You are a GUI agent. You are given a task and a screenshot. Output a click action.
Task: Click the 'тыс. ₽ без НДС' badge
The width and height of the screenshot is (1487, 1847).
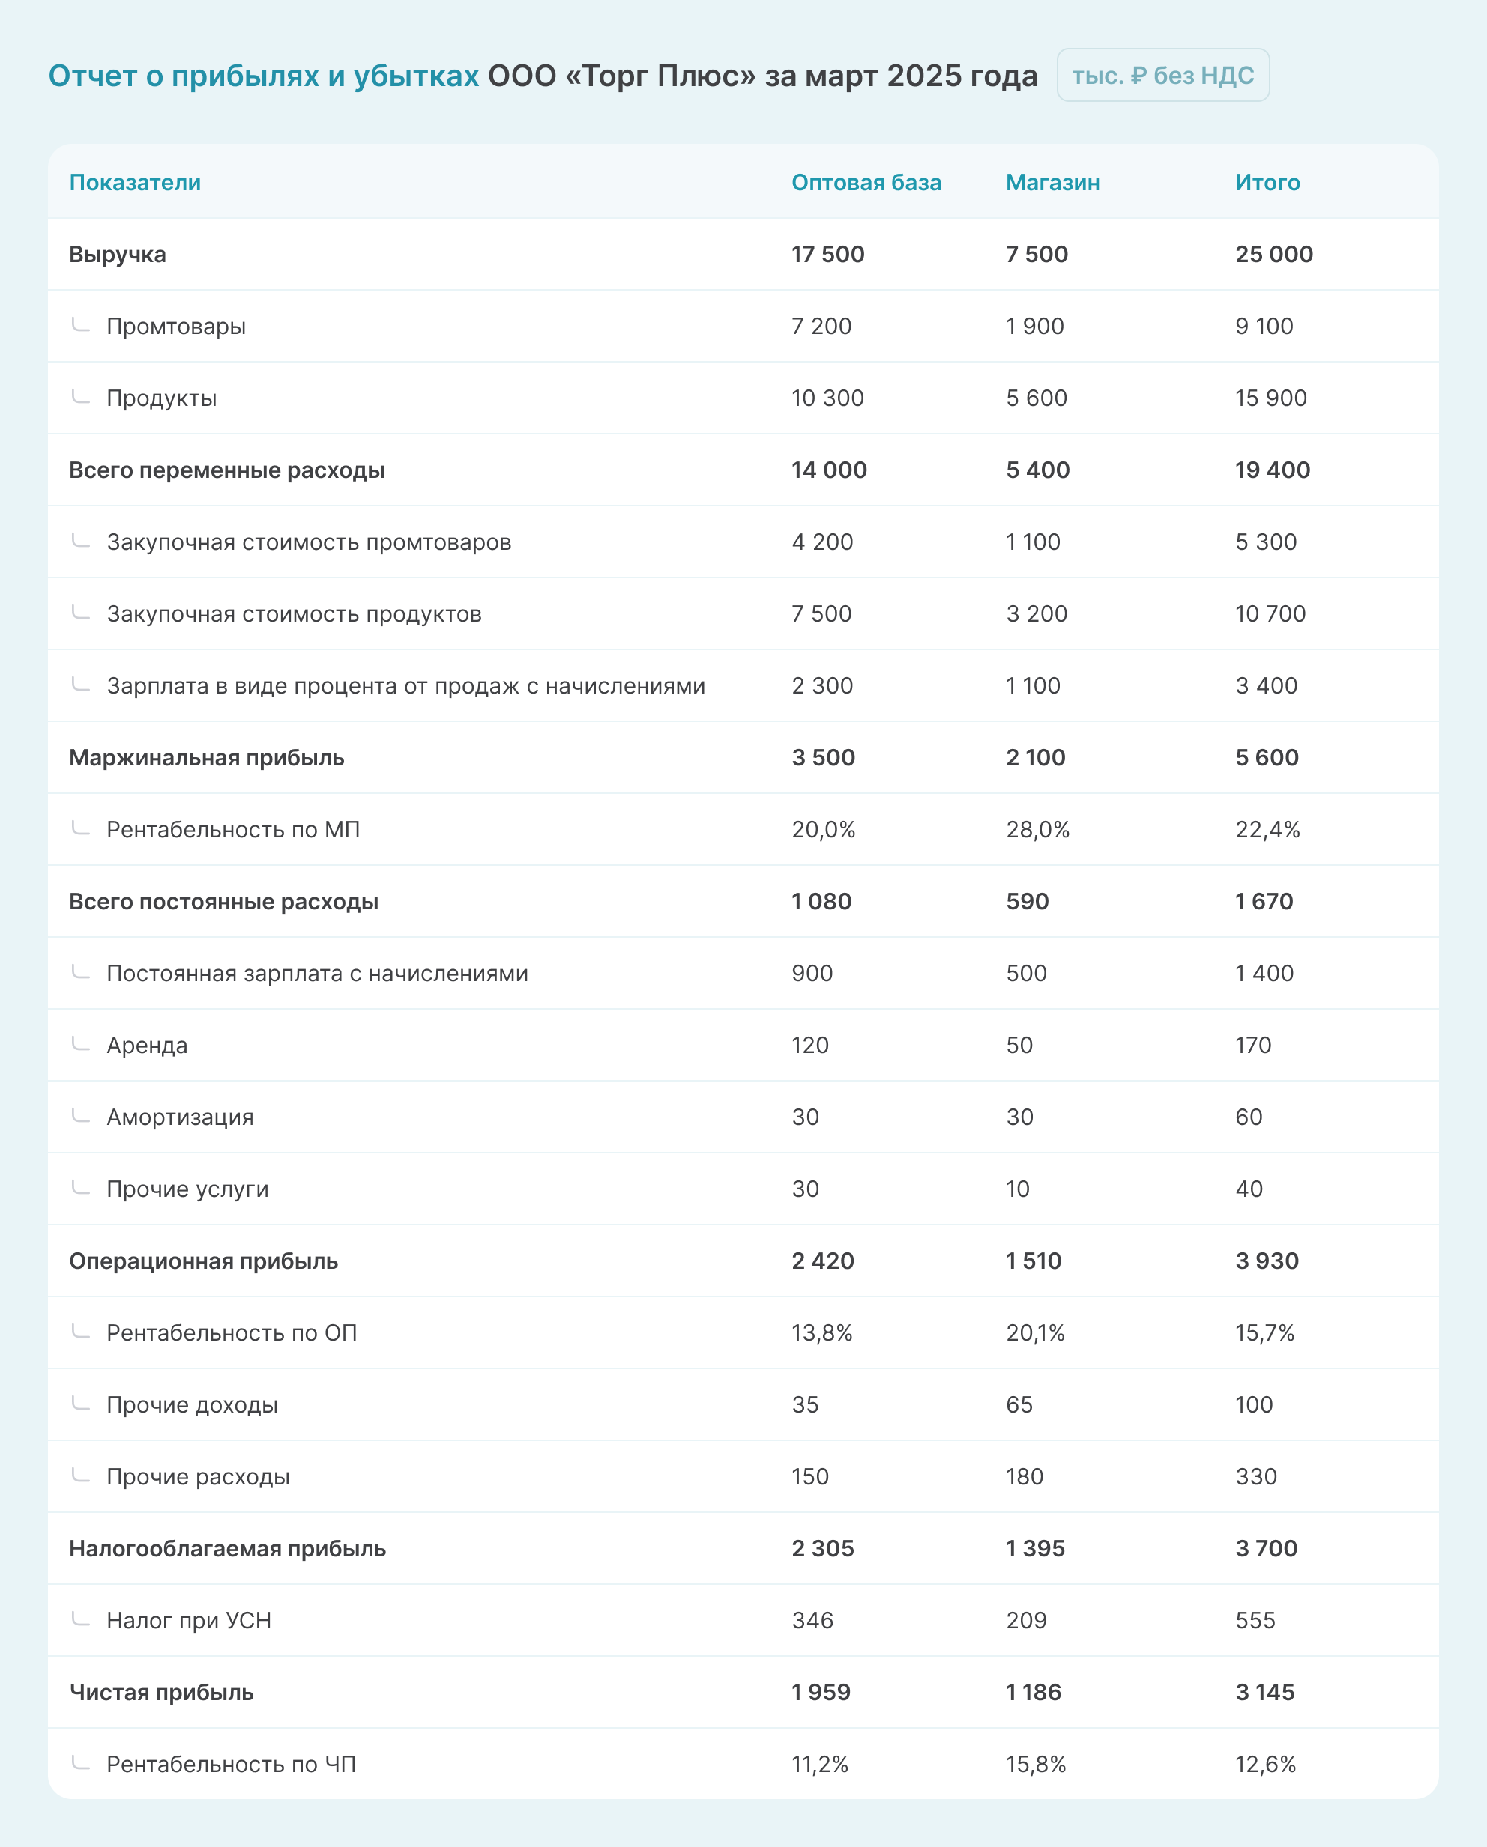click(x=1162, y=76)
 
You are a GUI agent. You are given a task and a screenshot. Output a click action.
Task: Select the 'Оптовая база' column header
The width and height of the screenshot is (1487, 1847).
click(x=866, y=183)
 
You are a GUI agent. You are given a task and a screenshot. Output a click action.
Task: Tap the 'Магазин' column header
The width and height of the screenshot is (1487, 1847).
click(x=1052, y=183)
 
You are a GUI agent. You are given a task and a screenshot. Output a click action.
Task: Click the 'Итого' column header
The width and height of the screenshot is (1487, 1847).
click(x=1267, y=183)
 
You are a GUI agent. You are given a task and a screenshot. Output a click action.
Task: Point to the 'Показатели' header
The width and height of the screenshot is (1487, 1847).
click(x=135, y=183)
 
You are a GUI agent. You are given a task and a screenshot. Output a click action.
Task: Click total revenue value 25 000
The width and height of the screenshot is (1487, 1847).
click(x=1273, y=255)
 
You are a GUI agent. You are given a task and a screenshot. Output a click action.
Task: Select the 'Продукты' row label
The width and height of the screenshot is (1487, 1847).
click(x=161, y=398)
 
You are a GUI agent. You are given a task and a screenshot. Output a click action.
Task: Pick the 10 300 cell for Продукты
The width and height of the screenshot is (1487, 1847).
click(x=827, y=398)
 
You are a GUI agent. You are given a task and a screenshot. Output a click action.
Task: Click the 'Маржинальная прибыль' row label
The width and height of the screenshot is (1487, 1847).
click(x=207, y=758)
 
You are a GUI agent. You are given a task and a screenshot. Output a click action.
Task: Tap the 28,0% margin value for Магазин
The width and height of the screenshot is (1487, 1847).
click(x=1037, y=830)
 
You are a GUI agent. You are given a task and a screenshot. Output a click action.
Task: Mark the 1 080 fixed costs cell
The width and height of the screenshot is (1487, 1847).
click(x=821, y=902)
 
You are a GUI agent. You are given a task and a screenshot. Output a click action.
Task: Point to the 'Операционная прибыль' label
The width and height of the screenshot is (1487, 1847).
click(x=203, y=1262)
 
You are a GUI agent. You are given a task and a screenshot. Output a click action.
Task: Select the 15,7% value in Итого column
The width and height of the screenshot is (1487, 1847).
click(x=1264, y=1334)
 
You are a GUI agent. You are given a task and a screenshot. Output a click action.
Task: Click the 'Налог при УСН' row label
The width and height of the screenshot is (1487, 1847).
click(x=189, y=1622)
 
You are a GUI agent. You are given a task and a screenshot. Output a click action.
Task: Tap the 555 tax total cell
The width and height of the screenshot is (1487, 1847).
click(x=1255, y=1622)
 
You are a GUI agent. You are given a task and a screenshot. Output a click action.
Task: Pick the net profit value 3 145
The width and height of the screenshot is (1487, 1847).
click(x=1264, y=1693)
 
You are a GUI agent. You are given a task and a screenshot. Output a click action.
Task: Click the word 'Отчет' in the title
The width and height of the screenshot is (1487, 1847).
click(x=91, y=76)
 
